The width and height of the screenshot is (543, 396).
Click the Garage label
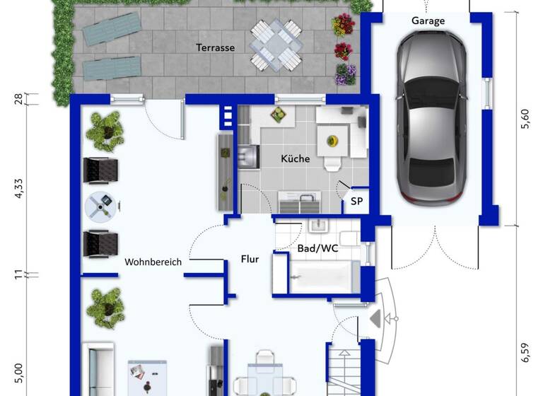[428, 21]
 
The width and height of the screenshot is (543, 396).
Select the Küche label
[295, 158]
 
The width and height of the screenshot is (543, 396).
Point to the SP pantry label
[357, 202]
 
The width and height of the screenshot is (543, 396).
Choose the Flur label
[250, 259]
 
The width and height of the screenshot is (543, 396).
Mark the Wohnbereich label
[153, 262]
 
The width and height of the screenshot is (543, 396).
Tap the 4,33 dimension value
[19, 189]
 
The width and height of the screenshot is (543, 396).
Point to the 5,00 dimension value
[19, 371]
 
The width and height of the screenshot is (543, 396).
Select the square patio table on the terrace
[275, 45]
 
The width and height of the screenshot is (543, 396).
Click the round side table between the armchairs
[99, 206]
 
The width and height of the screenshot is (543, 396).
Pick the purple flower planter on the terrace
[345, 74]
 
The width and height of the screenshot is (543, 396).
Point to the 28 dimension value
[19, 98]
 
